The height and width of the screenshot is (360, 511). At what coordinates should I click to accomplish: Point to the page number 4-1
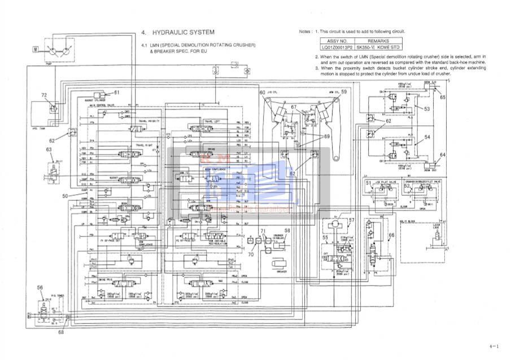pyautogui.click(x=495, y=345)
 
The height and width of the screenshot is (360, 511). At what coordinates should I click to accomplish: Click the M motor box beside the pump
pyautogui.click(x=35, y=49)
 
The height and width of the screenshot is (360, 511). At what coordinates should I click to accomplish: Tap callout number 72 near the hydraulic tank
pyautogui.click(x=44, y=95)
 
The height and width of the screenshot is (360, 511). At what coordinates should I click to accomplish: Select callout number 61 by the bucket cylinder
pyautogui.click(x=117, y=92)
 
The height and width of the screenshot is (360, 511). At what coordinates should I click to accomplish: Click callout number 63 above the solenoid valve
pyautogui.click(x=49, y=150)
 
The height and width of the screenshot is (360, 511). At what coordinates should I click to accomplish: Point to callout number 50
pyautogui.click(x=65, y=195)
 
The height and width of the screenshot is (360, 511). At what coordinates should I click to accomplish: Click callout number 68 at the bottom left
pyautogui.click(x=61, y=332)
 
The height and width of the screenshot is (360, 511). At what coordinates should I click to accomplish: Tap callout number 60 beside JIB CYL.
pyautogui.click(x=262, y=92)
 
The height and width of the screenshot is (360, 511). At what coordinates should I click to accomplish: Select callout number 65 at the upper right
pyautogui.click(x=443, y=97)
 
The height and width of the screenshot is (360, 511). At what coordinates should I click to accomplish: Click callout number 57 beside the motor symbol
pyautogui.click(x=351, y=221)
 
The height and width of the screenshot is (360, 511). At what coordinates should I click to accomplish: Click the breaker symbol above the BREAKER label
pyautogui.click(x=280, y=264)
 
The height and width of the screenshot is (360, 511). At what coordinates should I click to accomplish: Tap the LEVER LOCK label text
pyautogui.click(x=436, y=226)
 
